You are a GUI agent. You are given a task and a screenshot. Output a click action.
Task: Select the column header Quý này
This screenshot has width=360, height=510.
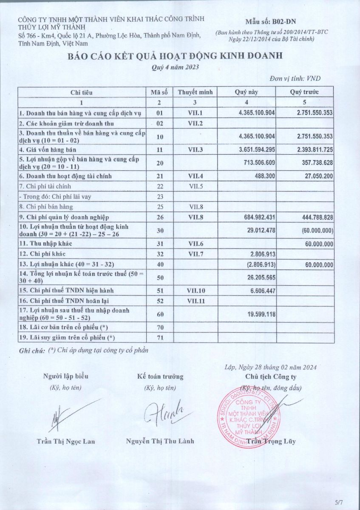pos(247,92)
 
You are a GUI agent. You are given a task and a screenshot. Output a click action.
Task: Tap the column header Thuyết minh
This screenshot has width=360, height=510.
pos(195,92)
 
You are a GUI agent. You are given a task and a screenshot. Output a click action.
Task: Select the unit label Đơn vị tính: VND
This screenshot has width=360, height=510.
pos(295,79)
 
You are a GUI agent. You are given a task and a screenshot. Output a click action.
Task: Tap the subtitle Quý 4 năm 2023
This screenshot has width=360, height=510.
pos(175,67)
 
